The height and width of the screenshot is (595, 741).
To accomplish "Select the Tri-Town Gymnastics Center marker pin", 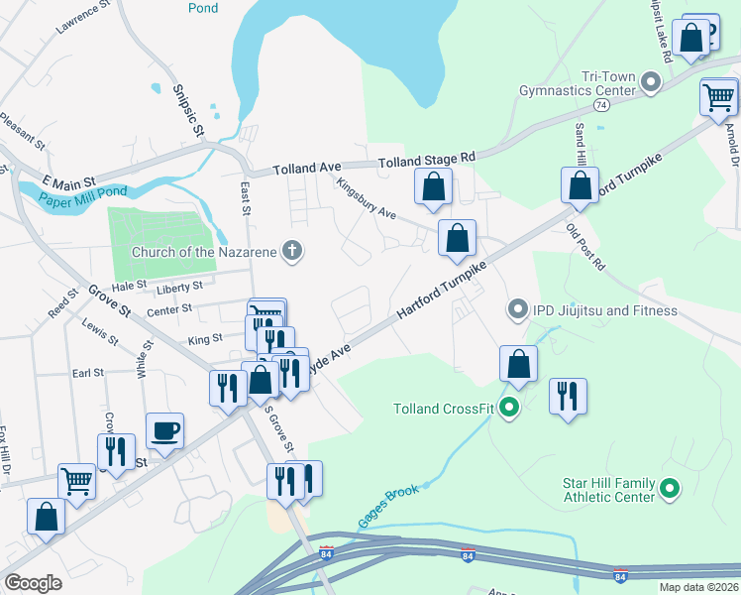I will tap(651, 82).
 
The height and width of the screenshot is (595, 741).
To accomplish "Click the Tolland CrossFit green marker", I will tap(510, 407).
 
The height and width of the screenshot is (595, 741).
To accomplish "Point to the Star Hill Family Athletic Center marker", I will tap(669, 488).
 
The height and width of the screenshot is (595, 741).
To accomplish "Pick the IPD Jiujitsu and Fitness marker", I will tap(516, 310).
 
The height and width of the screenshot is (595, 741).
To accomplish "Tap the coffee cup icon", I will tap(164, 430).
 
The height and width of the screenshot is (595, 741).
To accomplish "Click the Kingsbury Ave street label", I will tap(366, 199).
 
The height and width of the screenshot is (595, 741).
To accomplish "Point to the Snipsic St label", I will tap(189, 110).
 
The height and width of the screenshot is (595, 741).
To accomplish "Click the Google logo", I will tap(33, 582).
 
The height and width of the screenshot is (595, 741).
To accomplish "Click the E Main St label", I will tap(68, 181).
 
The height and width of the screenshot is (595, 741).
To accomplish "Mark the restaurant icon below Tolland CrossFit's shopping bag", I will tap(568, 396).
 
